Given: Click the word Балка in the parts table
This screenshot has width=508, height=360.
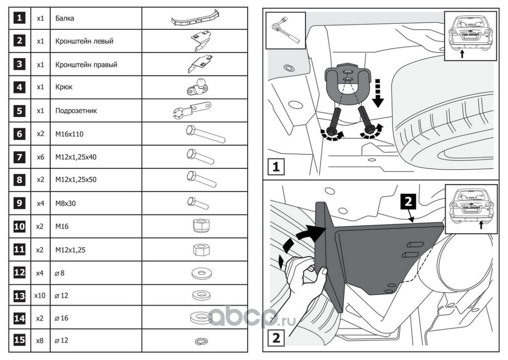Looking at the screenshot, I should [x=65, y=19].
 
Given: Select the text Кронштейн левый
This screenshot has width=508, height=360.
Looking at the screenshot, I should [x=84, y=41].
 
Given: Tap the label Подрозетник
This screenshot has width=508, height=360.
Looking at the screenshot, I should [x=76, y=110].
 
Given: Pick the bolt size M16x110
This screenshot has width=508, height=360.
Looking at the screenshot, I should [x=69, y=134].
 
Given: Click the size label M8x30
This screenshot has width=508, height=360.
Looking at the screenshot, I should [x=66, y=203].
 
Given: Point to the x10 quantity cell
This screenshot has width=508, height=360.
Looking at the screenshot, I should [x=40, y=296].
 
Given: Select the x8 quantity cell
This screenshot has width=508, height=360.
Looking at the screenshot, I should [x=40, y=340].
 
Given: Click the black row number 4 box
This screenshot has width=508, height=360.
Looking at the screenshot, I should [x=19, y=87].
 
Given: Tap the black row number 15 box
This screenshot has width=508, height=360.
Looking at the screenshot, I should [x=19, y=340].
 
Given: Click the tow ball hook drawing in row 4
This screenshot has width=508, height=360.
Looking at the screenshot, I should [x=196, y=86].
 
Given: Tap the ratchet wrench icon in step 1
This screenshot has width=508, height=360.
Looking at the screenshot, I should [x=285, y=31].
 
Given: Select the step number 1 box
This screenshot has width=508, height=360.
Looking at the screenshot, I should [x=276, y=167].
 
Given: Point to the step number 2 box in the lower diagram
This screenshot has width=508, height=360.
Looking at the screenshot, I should [x=276, y=337].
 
